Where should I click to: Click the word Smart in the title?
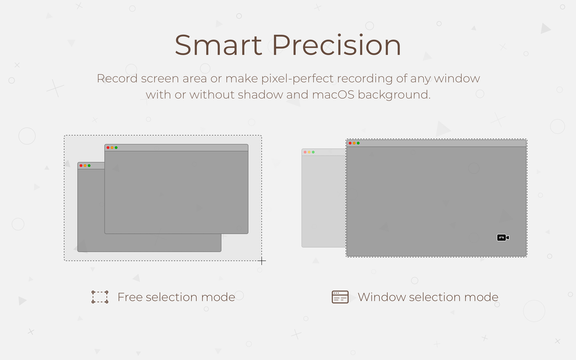218,45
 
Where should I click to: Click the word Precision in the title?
336,45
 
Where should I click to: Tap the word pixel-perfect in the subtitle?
297,79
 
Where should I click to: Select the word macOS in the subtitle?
333,95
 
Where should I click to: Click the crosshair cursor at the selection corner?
262,261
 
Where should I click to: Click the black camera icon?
503,238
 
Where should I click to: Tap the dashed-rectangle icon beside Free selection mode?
100,297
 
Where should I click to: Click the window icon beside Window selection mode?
340,297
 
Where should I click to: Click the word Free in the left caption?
130,297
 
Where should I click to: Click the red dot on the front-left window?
108,148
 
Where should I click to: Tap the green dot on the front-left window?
116,148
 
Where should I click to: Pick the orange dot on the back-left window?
85,165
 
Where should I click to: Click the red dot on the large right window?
350,143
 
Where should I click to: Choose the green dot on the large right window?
358,143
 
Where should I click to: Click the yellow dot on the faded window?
309,152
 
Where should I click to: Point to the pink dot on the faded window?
305,152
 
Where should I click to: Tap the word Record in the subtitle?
117,79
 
